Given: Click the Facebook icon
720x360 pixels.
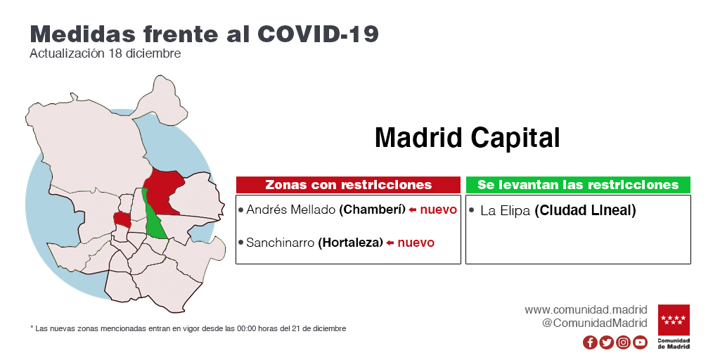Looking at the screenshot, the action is click(590, 342).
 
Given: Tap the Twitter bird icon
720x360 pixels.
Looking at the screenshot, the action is click(607, 342).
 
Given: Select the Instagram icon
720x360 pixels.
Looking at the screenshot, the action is click(623, 342).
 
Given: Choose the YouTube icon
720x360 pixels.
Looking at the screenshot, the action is click(640, 342).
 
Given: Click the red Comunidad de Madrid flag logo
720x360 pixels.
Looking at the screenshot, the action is click(674, 320).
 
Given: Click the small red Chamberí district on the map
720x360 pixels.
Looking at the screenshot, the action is click(122, 220).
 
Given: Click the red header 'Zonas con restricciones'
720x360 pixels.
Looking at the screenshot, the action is click(348, 185).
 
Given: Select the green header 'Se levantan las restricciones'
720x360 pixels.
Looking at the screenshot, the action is click(578, 185).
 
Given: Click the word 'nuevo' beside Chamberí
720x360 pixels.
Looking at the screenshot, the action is click(439, 210).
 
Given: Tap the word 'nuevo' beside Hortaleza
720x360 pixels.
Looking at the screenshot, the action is click(416, 243).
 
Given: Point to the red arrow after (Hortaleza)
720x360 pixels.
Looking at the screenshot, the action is click(390, 243).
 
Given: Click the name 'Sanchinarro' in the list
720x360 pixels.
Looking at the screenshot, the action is click(281, 243).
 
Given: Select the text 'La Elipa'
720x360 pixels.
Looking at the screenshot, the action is click(505, 211).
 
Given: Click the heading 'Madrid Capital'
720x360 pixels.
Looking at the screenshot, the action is click(468, 137).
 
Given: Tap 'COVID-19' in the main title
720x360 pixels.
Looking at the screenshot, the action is click(318, 34).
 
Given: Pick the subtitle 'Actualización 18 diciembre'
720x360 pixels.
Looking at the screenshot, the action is click(105, 53).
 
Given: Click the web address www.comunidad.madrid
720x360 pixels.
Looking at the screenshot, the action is click(586, 310).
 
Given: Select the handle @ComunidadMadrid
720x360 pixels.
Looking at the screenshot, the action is click(595, 323).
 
